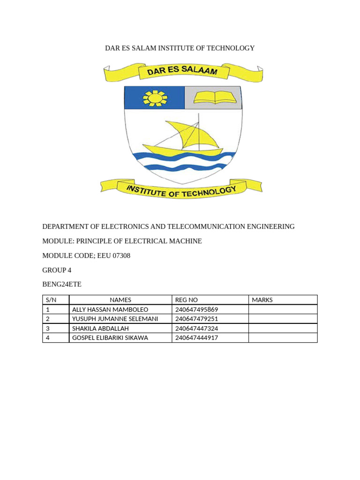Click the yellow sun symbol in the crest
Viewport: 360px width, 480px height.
click(155, 97)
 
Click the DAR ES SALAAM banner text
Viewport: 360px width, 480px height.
click(182, 72)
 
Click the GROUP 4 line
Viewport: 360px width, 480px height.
click(57, 270)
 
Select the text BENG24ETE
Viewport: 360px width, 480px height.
click(62, 284)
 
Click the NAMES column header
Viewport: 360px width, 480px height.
click(120, 300)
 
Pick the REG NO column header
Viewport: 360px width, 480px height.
click(187, 300)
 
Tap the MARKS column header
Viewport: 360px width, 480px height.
click(262, 300)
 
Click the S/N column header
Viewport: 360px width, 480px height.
click(51, 300)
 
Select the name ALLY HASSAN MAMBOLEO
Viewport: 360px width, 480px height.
click(110, 309)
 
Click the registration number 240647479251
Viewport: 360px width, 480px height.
click(197, 319)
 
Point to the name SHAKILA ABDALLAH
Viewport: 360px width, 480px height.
click(100, 328)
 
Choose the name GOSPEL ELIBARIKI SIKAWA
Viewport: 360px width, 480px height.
click(110, 337)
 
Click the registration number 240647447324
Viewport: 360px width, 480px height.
click(197, 328)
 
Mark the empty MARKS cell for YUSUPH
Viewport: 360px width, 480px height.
click(283, 319)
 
